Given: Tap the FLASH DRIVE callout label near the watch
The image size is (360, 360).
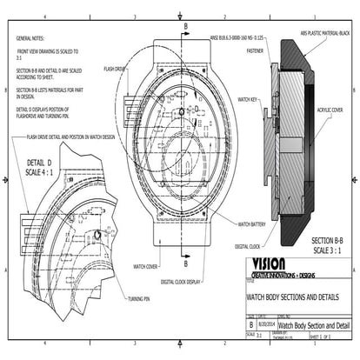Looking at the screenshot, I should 116,67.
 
